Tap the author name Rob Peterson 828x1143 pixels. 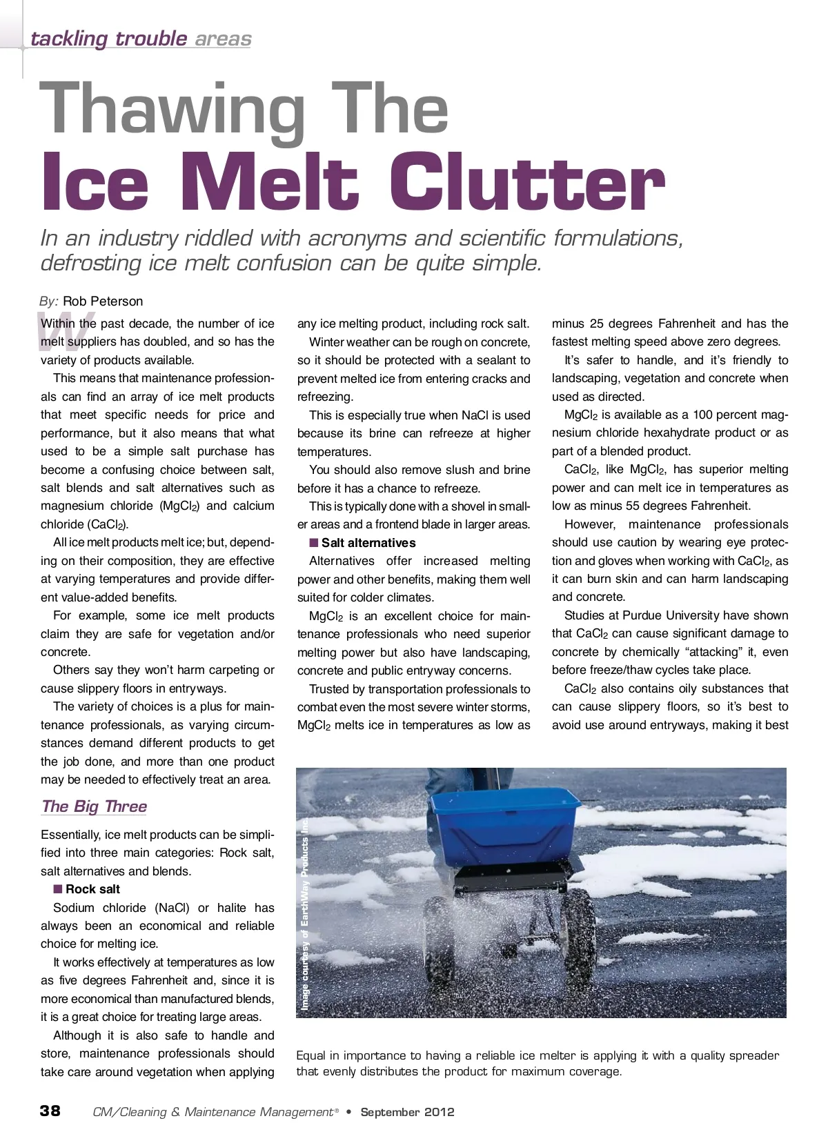click(103, 301)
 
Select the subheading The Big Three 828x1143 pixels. click(94, 806)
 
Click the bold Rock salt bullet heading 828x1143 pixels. click(92, 889)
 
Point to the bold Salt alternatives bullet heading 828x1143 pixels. click(368, 543)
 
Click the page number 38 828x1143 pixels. click(50, 1111)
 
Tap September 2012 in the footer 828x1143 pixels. click(407, 1112)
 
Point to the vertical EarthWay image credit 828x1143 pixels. click(305, 914)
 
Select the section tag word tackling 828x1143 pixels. click(69, 39)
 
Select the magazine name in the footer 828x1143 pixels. click(213, 1112)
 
